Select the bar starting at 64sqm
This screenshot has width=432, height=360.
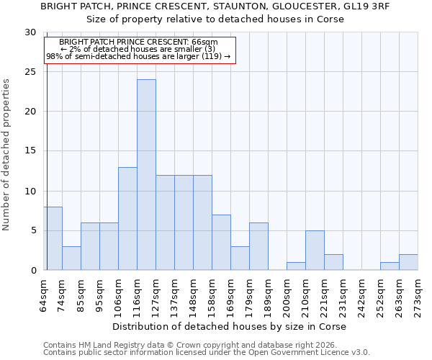[53, 238]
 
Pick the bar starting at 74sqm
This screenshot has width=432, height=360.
[71, 258]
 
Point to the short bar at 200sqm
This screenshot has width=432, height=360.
[296, 266]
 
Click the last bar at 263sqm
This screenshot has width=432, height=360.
[408, 262]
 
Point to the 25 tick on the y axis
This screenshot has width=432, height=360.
[30, 72]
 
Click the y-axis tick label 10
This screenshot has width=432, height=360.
[30, 191]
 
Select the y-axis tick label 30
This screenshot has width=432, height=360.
[30, 32]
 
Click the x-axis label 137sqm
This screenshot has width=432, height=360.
[174, 295]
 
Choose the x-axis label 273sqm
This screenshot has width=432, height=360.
[418, 295]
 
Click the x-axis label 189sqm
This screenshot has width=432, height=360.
[268, 295]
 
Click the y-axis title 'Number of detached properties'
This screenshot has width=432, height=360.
[7, 155]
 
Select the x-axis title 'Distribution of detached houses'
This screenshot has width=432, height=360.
[230, 327]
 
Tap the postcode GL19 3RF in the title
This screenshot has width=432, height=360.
[361, 6]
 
